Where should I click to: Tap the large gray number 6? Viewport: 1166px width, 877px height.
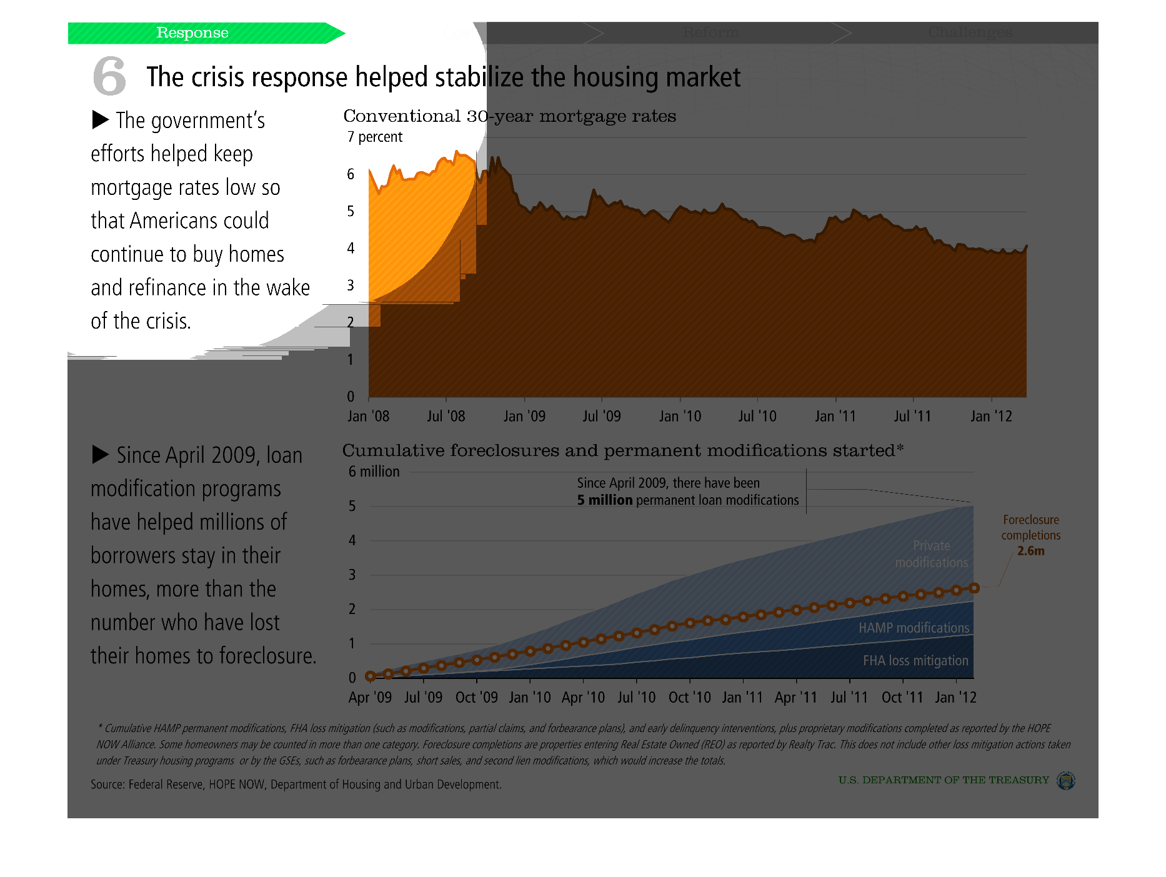click(x=109, y=76)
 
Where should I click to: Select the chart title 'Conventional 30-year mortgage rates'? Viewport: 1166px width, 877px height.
click(x=509, y=116)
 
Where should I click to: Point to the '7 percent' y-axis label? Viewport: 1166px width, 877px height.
click(x=375, y=137)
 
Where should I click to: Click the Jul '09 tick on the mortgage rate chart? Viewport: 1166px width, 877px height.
click(x=602, y=416)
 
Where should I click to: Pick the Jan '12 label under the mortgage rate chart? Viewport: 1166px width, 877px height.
click(x=991, y=416)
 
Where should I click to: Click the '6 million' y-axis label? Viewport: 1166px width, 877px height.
click(x=374, y=472)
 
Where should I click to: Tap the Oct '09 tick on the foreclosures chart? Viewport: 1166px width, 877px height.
click(x=477, y=697)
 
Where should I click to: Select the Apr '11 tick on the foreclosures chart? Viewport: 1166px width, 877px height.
click(x=796, y=697)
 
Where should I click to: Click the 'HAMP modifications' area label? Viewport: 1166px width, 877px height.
click(x=914, y=628)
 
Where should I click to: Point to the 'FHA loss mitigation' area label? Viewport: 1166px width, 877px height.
click(x=915, y=660)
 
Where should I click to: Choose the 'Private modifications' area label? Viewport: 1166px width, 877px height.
click(x=931, y=554)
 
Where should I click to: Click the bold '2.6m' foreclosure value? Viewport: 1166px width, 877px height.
click(x=1030, y=551)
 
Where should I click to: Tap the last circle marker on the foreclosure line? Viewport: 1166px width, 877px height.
click(x=974, y=588)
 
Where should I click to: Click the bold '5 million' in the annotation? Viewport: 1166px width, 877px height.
click(x=605, y=500)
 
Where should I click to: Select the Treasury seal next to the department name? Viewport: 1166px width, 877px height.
click(x=1065, y=780)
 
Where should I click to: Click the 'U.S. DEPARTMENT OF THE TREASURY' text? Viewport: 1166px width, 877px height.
click(x=944, y=780)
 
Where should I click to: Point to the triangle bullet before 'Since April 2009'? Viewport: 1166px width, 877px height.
click(x=101, y=455)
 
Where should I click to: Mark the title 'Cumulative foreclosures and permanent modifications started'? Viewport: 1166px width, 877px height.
click(x=622, y=450)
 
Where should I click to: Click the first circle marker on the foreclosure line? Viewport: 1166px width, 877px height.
click(x=370, y=676)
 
